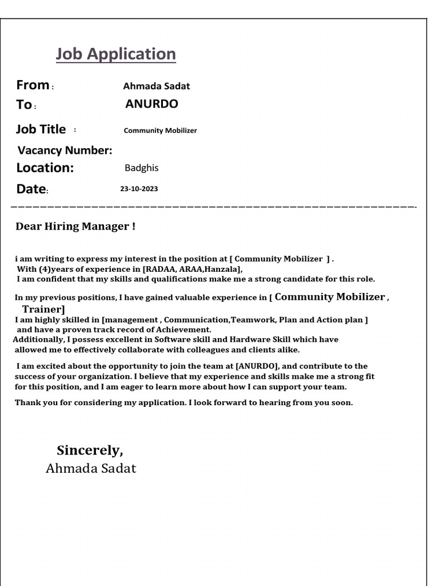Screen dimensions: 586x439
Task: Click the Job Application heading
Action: pos(115,54)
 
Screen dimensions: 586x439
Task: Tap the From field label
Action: pos(33,85)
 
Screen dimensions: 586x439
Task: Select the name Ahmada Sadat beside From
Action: pos(156,86)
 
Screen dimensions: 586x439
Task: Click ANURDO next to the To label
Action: pos(151,104)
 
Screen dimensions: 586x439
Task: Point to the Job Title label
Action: pos(41,129)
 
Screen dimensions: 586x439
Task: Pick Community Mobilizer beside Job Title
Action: pos(160,130)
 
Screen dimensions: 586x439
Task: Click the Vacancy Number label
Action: pos(65,151)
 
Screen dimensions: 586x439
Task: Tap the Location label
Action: pos(45,168)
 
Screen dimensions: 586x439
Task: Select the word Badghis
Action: pos(141,168)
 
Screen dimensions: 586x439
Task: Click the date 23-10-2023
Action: pos(139,189)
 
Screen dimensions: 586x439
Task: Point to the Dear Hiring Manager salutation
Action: pos(75,227)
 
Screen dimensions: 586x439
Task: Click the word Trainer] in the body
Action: pos(43,310)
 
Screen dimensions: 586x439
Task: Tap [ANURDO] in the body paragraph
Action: pos(257,366)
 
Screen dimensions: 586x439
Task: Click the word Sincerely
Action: pos(90,450)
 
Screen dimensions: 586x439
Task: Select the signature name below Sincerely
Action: pos(91,469)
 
